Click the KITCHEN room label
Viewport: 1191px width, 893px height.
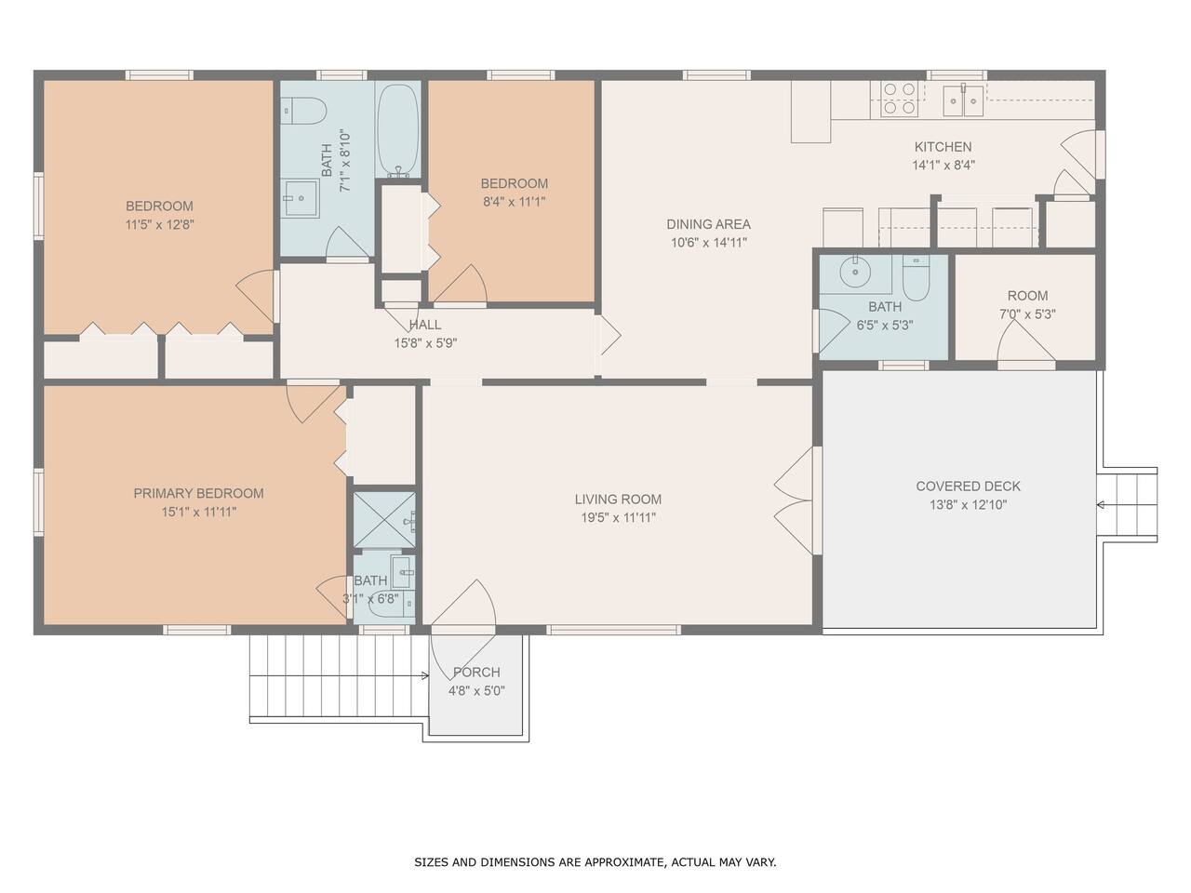pos(943,146)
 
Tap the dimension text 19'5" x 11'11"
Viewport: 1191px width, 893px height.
pos(618,517)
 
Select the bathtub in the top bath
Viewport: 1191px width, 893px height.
pos(397,129)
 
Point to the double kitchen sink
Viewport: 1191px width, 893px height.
pos(963,100)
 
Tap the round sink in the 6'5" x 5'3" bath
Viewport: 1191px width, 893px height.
pos(856,271)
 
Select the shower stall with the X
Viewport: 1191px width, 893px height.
pos(384,519)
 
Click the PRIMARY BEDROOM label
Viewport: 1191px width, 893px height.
pos(198,493)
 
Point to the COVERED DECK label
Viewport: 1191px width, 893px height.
pos(968,486)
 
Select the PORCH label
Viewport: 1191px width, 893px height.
pos(476,673)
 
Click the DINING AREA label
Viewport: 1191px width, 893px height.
pos(709,224)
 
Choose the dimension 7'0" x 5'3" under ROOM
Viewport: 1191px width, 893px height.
pos(1027,313)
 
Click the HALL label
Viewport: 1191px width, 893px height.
pos(425,325)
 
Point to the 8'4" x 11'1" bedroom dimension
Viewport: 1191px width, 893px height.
pos(514,202)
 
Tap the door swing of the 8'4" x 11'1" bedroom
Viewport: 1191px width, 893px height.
pos(461,284)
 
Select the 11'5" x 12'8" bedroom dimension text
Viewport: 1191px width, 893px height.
pos(159,224)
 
